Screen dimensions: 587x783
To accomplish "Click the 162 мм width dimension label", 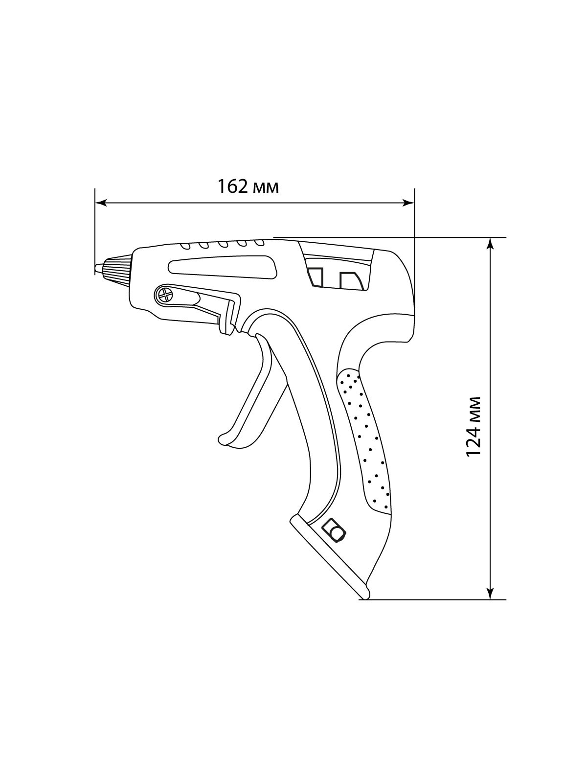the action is (248, 186).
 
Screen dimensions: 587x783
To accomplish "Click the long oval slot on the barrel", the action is (223, 266).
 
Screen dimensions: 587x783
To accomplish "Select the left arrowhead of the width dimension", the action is (102, 203).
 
